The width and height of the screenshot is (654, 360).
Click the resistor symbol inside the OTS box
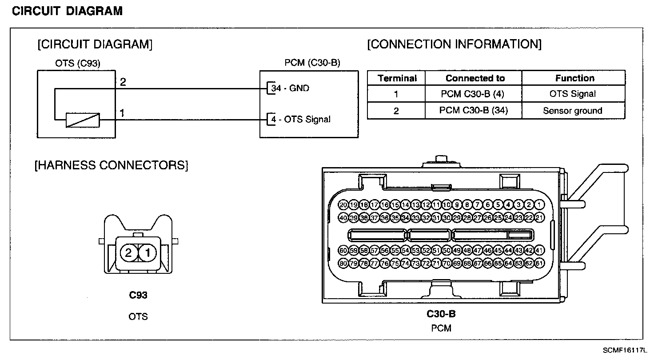[x=83, y=120]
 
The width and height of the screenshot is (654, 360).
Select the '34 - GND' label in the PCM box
[x=291, y=88]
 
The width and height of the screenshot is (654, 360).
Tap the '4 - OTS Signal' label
[x=301, y=119]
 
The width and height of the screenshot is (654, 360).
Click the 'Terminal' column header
[x=397, y=78]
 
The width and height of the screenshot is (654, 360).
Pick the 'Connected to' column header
[x=475, y=78]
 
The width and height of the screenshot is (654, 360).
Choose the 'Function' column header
[x=574, y=78]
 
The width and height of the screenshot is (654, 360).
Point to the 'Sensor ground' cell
[x=572, y=111]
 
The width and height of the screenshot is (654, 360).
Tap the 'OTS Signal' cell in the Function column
[x=572, y=94]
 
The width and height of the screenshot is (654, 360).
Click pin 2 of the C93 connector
[x=128, y=253]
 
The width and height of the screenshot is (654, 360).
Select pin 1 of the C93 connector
[x=148, y=253]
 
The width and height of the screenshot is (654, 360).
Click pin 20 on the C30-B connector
[x=343, y=205]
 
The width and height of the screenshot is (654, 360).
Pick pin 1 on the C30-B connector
[x=539, y=205]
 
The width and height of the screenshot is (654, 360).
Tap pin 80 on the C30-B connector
[x=343, y=263]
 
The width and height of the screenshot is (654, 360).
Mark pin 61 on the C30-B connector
[x=539, y=263]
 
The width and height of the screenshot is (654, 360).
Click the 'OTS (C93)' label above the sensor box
[x=78, y=64]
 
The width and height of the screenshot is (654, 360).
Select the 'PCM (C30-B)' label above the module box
[x=312, y=63]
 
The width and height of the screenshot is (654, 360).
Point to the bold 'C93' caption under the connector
[x=138, y=295]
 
